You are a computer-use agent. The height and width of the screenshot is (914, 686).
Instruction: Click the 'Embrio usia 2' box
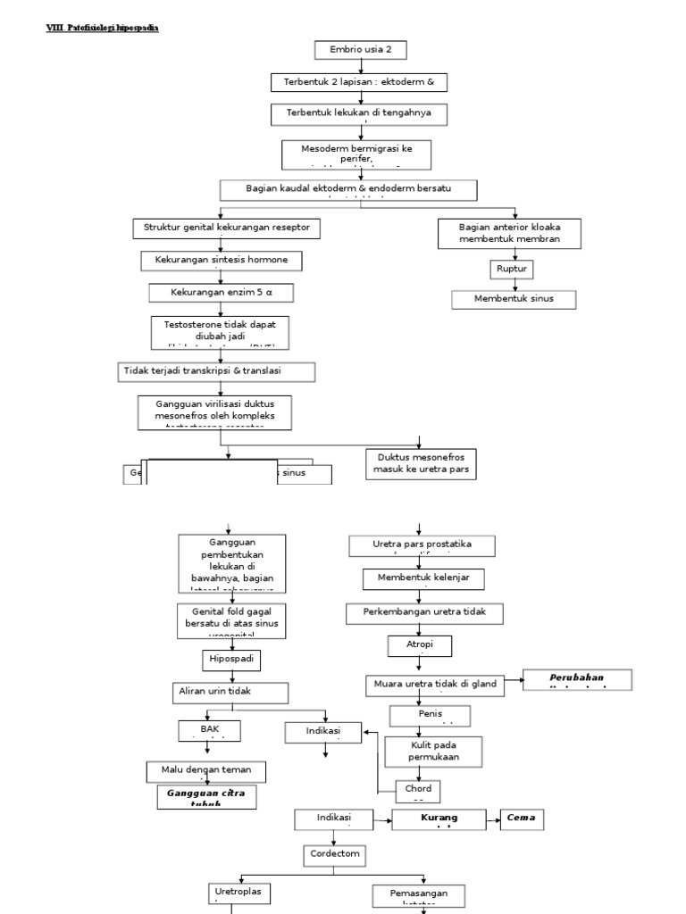(x=360, y=50)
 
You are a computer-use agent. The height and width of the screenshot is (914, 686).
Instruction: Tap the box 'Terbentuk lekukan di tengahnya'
(x=358, y=114)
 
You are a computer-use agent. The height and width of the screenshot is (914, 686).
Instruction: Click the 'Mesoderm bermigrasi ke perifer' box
(x=357, y=153)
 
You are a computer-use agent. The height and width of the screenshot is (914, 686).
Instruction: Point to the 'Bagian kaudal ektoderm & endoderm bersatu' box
(x=348, y=189)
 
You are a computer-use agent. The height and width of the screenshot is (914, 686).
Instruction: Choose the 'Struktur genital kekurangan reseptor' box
(x=226, y=228)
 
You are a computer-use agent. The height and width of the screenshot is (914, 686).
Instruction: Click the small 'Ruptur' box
(x=507, y=269)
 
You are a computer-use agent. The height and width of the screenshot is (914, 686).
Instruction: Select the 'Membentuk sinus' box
(x=513, y=299)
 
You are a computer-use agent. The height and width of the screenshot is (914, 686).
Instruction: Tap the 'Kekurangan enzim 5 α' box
(x=220, y=293)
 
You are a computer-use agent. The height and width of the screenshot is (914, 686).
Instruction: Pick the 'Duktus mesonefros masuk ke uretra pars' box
(x=422, y=463)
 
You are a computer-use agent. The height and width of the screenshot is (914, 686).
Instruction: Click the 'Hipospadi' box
(x=230, y=660)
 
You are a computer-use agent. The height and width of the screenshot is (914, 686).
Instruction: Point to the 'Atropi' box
(x=420, y=645)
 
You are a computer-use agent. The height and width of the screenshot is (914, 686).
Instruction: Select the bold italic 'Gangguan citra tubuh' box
(x=206, y=796)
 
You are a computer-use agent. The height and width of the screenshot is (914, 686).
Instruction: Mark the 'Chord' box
(x=418, y=791)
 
